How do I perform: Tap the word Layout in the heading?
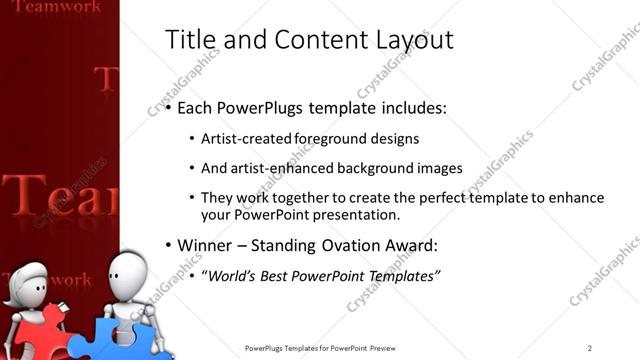[x=412, y=40]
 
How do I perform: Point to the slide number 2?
[x=590, y=347]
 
